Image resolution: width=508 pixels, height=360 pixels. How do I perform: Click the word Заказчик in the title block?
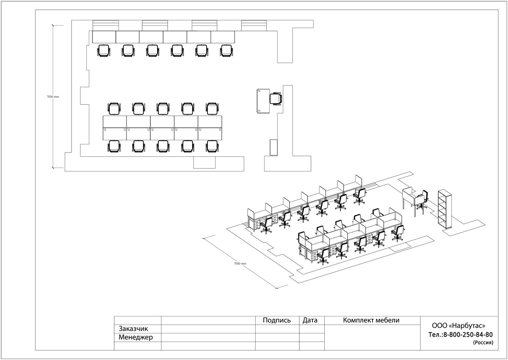tap(134, 329)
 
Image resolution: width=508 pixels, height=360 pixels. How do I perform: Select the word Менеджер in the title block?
tap(136, 338)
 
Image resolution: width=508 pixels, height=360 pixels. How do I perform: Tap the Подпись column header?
tap(277, 320)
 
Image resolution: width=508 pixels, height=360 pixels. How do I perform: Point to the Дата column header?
tap(310, 320)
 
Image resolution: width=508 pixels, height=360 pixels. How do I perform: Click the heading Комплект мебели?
tap(371, 320)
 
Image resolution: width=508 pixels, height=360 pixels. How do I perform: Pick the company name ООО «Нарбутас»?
tap(458, 326)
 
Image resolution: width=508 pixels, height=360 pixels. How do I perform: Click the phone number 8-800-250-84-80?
tap(467, 335)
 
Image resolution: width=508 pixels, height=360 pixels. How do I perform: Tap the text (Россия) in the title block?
tap(483, 343)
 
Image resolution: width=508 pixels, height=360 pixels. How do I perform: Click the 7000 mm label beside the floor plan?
tap(53, 97)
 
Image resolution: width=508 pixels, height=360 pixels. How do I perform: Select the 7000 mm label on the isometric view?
tap(240, 263)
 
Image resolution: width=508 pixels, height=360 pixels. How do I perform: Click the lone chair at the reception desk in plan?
tap(276, 99)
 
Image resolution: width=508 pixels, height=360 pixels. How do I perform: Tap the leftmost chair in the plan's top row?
tap(104, 51)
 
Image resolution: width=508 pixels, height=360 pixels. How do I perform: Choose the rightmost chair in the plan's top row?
tap(226, 51)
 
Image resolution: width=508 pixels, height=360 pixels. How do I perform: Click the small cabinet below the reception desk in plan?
tap(273, 147)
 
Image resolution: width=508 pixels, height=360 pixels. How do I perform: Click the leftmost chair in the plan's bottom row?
tap(114, 147)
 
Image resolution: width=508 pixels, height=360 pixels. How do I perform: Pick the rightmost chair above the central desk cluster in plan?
tap(212, 108)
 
